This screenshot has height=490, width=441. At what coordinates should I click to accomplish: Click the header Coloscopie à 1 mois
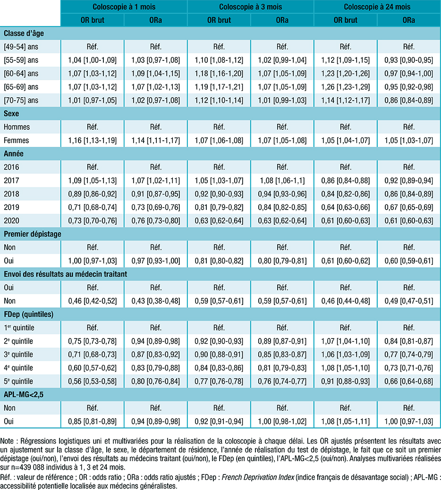pyautogui.click(x=124, y=7)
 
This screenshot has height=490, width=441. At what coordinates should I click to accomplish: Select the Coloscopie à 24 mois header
pyautogui.click(x=377, y=7)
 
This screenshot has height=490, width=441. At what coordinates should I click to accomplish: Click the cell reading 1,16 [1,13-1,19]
pyautogui.click(x=93, y=141)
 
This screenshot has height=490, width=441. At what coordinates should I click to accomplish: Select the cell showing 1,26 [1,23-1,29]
pyautogui.click(x=346, y=87)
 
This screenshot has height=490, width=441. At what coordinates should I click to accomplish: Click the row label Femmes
pyautogui.click(x=15, y=141)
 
